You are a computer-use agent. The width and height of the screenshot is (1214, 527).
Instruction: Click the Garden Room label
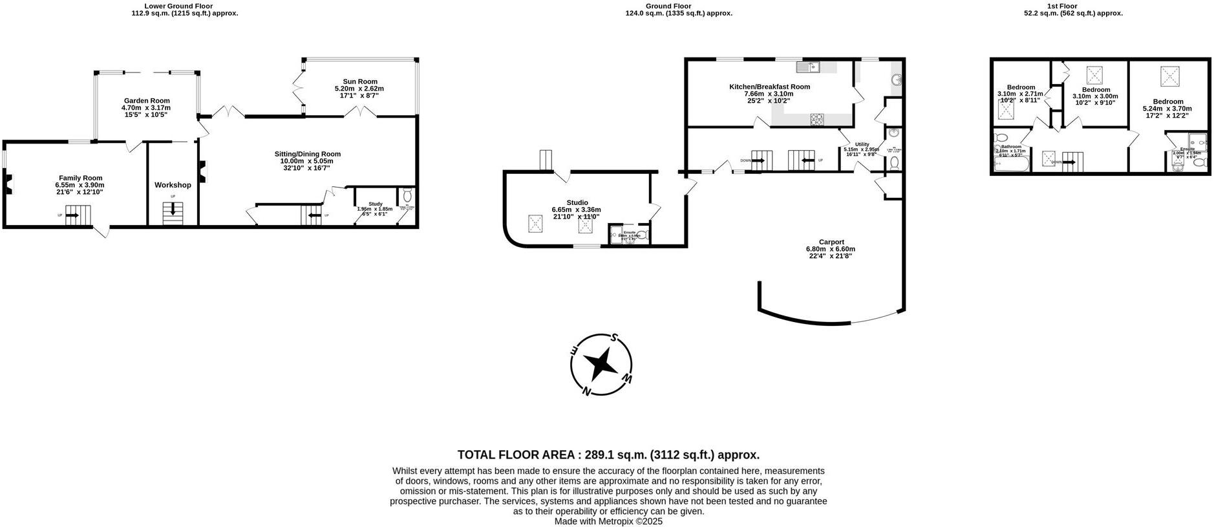[147, 101]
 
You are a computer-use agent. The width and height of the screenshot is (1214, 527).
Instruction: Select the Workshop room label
[173, 185]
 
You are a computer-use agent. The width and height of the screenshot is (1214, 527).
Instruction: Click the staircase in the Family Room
[78, 213]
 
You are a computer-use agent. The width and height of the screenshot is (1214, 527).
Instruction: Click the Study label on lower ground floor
[375, 204]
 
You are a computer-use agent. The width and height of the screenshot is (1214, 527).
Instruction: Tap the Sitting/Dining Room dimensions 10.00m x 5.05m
[307, 161]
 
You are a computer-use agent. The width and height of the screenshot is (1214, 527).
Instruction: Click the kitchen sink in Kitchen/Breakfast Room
[808, 66]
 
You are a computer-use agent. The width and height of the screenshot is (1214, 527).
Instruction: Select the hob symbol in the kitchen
[817, 119]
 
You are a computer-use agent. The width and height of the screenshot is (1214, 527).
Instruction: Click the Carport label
[831, 242]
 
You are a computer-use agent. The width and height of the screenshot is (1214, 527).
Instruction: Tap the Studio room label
[577, 202]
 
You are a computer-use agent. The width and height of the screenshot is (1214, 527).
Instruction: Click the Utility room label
[862, 144]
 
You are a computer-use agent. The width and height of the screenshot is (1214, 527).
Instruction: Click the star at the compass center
[601, 363]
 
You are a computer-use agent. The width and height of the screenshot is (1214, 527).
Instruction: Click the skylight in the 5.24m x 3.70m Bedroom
[1169, 77]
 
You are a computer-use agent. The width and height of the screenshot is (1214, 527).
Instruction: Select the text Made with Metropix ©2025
[608, 521]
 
